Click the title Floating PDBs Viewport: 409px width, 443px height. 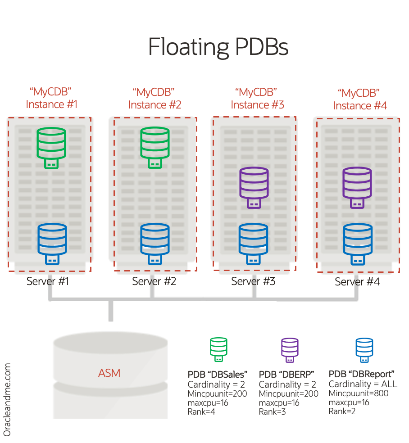[x=218, y=47]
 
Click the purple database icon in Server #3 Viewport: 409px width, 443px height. [x=254, y=186]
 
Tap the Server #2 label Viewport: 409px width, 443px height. [x=154, y=281]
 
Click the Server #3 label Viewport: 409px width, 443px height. [x=253, y=281]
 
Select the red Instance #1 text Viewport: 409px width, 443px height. [x=52, y=104]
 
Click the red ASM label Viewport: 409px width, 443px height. [x=109, y=373]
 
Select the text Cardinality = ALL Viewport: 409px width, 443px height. [x=363, y=384]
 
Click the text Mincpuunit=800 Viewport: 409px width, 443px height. [x=359, y=393]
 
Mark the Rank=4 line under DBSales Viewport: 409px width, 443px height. [x=201, y=411]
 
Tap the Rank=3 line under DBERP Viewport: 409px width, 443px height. [x=273, y=411]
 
